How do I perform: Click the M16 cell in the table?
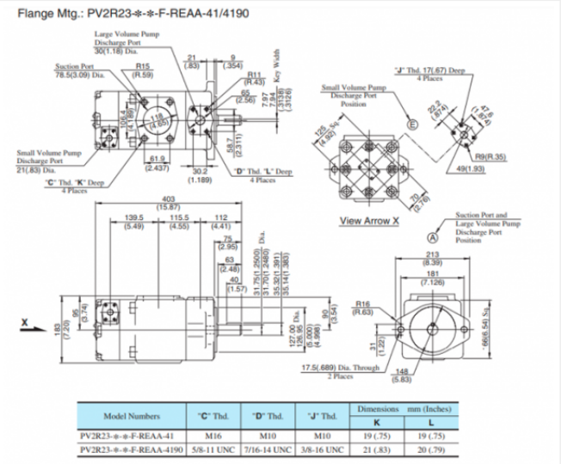click(x=214, y=436)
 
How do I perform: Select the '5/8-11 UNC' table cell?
click(x=214, y=450)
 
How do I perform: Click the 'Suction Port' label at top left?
click(x=74, y=66)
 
